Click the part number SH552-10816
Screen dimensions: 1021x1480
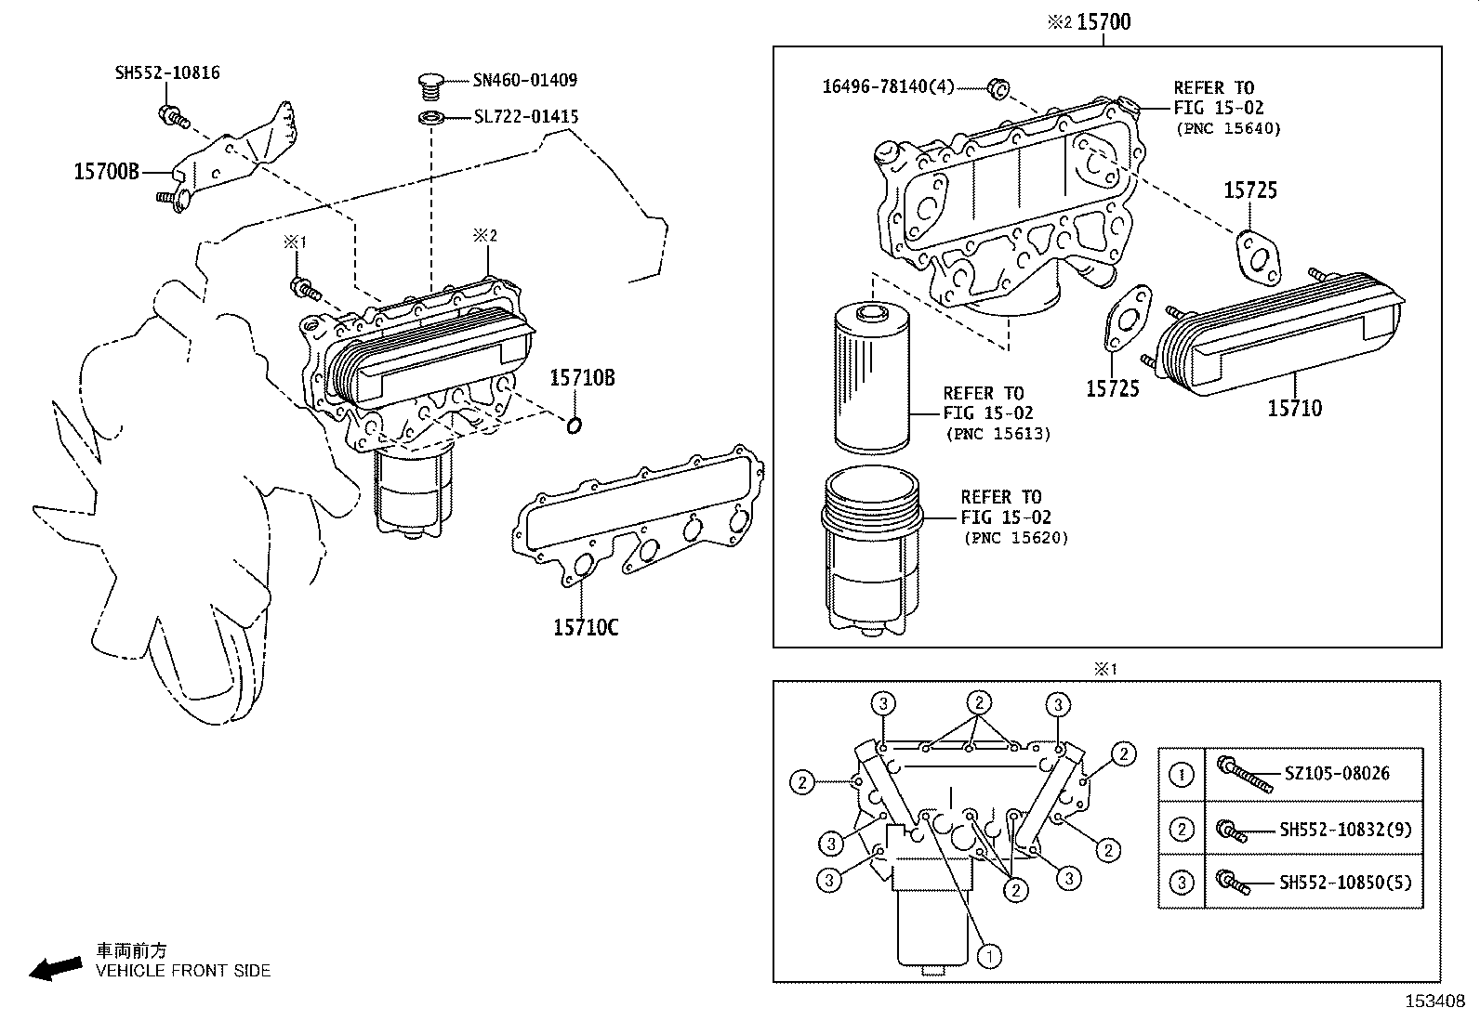pos(167,72)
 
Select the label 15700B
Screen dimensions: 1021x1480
pos(107,172)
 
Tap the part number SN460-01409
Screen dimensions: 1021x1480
pos(525,81)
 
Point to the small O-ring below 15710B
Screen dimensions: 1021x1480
pos(574,425)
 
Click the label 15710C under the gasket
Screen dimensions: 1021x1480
pos(585,628)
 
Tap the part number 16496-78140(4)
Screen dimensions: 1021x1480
pos(888,87)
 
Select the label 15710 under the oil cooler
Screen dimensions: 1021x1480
pos(1294,408)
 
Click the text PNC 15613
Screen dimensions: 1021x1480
pos(998,434)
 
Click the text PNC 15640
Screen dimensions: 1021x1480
pos(1227,128)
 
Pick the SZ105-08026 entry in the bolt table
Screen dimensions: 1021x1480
pos(1337,773)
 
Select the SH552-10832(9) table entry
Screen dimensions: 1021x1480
pos(1344,830)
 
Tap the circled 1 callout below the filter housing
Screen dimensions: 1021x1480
pos(991,954)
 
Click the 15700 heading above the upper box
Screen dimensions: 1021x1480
pos(1103,21)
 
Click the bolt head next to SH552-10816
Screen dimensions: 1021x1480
pos(169,115)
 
